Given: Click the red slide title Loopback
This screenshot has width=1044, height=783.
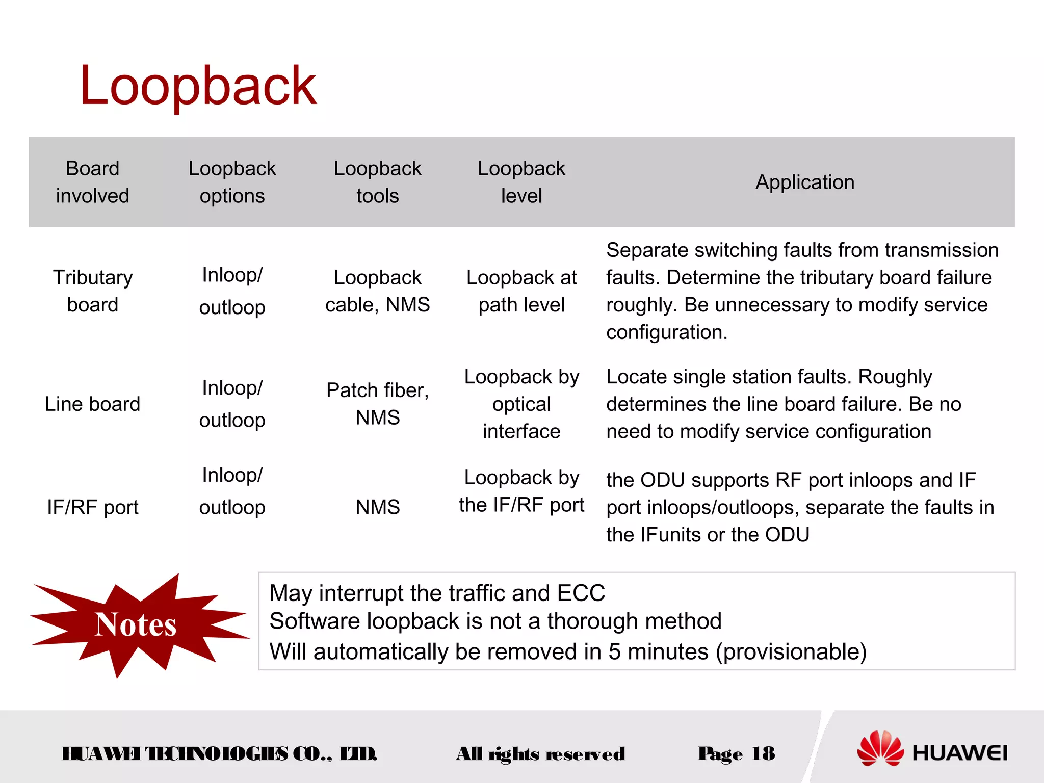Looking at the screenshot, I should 198,86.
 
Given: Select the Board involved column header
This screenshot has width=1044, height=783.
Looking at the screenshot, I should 92,182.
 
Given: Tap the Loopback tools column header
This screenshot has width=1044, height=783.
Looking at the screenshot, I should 377,182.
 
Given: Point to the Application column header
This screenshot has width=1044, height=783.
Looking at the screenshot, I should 804,182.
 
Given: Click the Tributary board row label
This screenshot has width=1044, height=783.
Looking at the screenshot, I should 92,291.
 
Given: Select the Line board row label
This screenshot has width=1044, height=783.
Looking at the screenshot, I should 92,404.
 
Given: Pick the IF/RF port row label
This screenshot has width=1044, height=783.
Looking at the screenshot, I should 92,507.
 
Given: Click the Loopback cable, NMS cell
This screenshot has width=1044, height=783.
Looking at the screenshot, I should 377,291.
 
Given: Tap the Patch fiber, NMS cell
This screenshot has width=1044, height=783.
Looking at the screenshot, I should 377,404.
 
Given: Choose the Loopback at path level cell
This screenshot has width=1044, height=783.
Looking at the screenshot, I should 521,291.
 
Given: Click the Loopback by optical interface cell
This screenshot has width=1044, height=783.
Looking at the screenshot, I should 521,404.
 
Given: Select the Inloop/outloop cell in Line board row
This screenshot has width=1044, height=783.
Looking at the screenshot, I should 232,404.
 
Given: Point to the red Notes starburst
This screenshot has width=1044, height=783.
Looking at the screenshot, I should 136,625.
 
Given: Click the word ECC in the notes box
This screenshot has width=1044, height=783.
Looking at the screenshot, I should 581,593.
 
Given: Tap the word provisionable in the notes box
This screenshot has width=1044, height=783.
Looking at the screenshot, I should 791,652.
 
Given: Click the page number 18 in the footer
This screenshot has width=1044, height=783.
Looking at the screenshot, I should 763,753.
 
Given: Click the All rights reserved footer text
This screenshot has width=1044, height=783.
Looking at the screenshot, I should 540,754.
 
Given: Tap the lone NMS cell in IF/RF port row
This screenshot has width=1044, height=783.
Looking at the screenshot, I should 377,507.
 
